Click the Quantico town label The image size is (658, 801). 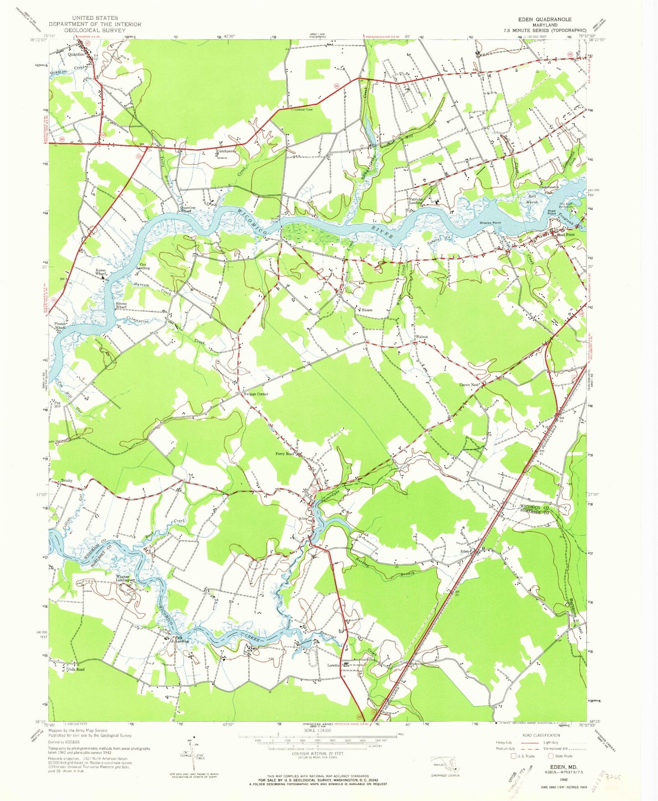pos(76,54)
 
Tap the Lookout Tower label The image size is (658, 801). pos(304,110)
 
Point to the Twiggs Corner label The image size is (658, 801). pos(256,394)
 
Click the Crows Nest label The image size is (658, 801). pos(469,385)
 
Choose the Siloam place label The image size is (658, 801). pos(367,310)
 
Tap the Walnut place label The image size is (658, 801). pos(421,337)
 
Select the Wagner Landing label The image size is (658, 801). pos(122,578)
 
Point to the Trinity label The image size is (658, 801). pos(66,481)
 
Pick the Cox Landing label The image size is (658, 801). pos(143,266)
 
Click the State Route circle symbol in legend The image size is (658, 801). pos(551,756)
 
